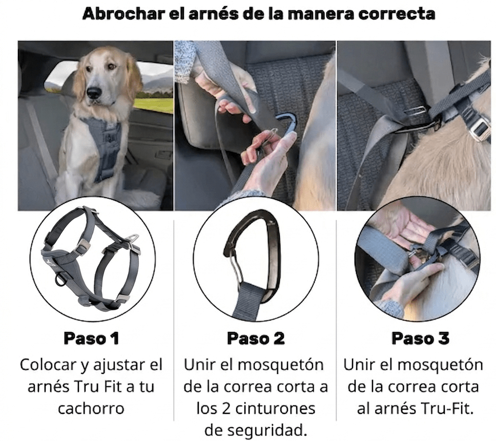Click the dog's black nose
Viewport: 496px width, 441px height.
click(x=95, y=92)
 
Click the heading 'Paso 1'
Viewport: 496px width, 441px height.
click(x=91, y=338)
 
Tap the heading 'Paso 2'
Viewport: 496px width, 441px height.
click(x=256, y=338)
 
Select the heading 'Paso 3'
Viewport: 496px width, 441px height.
click(x=420, y=338)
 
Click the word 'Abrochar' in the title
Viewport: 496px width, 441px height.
click(x=124, y=14)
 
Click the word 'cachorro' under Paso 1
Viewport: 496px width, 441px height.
click(x=91, y=408)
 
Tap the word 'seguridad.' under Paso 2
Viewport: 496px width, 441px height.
click(x=256, y=430)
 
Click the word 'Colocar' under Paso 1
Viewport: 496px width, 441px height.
click(x=48, y=365)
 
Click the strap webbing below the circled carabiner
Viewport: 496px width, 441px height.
click(x=249, y=300)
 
